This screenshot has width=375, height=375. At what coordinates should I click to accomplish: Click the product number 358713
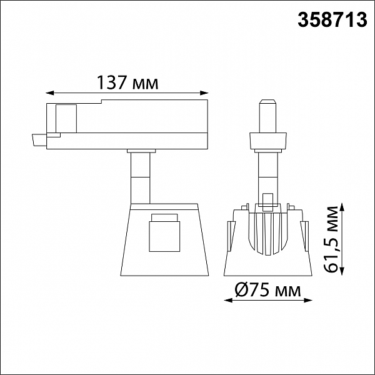click(x=332, y=20)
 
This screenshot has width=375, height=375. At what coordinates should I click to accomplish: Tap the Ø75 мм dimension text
click(x=267, y=289)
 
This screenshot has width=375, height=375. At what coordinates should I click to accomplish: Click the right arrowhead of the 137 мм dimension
click(x=204, y=93)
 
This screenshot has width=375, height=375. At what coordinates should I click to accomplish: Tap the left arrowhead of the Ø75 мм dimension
click(x=228, y=300)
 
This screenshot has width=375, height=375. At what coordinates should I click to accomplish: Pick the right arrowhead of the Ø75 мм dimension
click(x=307, y=300)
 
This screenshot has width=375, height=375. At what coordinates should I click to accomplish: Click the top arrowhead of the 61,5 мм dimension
click(x=342, y=208)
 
